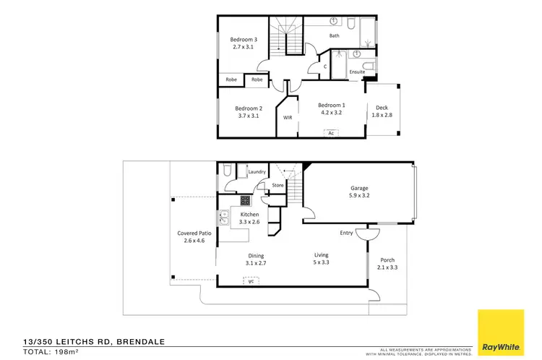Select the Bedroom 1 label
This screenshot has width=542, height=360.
[331, 106]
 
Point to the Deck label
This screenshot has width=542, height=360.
[382, 107]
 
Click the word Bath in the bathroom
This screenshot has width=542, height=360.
[335, 35]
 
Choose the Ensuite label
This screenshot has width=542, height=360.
[357, 72]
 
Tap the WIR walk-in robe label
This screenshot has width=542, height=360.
[288, 117]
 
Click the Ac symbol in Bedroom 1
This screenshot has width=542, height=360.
[330, 133]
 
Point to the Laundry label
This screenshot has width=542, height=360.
[257, 172]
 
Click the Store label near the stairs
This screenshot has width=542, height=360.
[278, 186]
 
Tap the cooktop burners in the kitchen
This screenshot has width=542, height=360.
[246, 201]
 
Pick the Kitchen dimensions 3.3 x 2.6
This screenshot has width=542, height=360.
[249, 222]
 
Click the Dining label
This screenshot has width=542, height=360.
[256, 255]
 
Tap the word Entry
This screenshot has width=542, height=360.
[347, 233]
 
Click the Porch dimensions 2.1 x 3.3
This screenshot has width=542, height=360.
[388, 267]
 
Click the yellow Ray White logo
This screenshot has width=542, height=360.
[500, 331]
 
